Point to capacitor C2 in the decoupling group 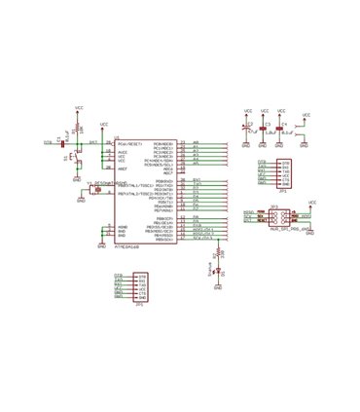click(247, 127)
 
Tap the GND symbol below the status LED click(217, 287)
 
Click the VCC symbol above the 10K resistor click(78, 107)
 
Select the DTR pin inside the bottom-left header click(143, 277)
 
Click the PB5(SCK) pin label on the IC click(162, 239)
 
